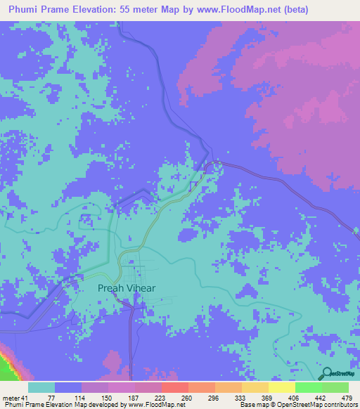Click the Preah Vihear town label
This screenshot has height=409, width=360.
click(x=127, y=287)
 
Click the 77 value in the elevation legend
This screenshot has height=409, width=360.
click(x=51, y=398)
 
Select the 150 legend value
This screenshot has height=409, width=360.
click(x=105, y=398)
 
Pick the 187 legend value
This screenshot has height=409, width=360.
click(x=132, y=398)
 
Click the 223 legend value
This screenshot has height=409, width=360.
click(x=159, y=398)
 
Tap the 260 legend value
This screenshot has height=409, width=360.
click(x=186, y=398)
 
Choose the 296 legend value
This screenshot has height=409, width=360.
click(x=213, y=398)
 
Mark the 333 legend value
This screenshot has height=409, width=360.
click(x=240, y=398)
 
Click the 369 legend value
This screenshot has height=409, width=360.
click(x=266, y=398)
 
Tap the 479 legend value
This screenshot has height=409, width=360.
click(x=347, y=398)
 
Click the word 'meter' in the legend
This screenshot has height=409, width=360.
click(x=12, y=398)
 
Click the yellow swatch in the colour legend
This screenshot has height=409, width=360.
click(x=281, y=387)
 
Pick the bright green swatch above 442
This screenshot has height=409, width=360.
click(x=308, y=387)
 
